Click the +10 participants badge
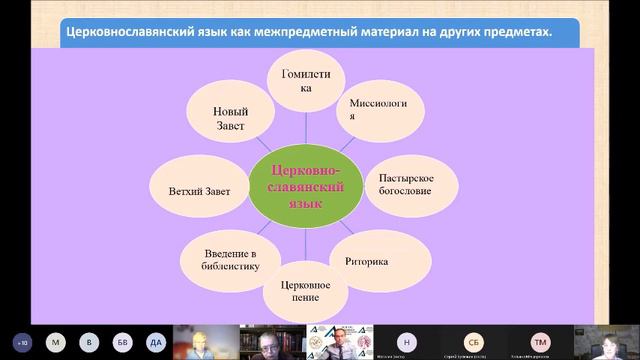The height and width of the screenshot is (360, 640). [23, 342]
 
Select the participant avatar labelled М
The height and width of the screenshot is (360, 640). [57, 342]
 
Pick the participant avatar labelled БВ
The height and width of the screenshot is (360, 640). [122, 342]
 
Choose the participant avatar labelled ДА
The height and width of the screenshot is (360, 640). [154, 342]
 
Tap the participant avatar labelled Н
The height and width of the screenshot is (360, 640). [406, 341]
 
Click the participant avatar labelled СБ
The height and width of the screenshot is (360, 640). [473, 341]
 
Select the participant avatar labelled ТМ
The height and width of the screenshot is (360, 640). [541, 341]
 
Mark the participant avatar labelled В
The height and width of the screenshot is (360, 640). [90, 342]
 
